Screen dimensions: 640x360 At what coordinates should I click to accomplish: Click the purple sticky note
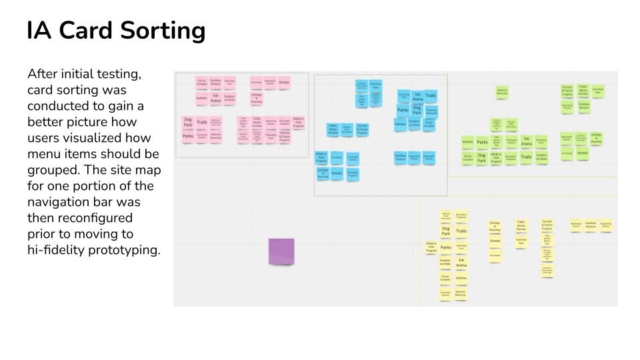click(281, 251)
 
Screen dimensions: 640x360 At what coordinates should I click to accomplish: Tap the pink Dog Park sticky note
click(188, 122)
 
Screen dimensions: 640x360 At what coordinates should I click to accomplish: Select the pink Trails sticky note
click(201, 122)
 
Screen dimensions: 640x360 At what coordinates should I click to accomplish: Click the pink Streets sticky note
click(284, 83)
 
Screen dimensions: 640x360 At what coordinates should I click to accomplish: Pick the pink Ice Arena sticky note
click(215, 97)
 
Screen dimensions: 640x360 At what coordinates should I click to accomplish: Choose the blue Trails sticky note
click(431, 96)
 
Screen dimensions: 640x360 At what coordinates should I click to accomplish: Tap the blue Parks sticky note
click(403, 110)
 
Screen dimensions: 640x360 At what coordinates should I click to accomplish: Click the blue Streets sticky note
click(337, 173)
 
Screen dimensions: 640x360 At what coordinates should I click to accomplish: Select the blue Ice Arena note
click(417, 96)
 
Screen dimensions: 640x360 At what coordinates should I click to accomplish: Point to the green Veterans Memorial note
click(502, 92)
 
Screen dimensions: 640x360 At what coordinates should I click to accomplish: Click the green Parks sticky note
click(482, 142)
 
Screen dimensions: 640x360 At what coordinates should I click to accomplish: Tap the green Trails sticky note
click(526, 157)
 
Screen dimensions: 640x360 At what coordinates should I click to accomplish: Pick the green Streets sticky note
click(582, 153)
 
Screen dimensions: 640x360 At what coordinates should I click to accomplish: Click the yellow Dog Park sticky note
click(446, 231)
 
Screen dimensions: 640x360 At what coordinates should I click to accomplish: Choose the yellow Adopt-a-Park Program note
click(431, 247)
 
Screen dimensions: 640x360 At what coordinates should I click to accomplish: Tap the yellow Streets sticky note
click(495, 241)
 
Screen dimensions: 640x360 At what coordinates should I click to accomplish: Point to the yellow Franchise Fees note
click(521, 241)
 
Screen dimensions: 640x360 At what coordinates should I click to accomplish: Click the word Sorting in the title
click(161, 31)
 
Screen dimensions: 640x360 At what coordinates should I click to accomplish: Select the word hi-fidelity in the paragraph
click(56, 250)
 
